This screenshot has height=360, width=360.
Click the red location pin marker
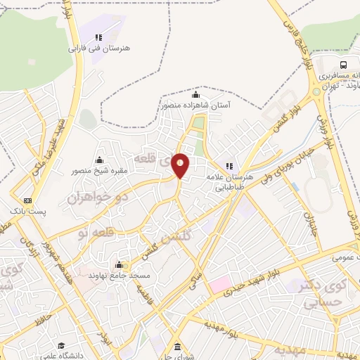181,165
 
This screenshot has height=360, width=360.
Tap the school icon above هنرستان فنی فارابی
99,37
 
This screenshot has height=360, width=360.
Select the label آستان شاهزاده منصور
195,105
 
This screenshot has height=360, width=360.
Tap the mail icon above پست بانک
27,200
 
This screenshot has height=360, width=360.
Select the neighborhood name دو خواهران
98,198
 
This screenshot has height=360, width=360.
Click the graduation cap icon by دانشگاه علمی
61,346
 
